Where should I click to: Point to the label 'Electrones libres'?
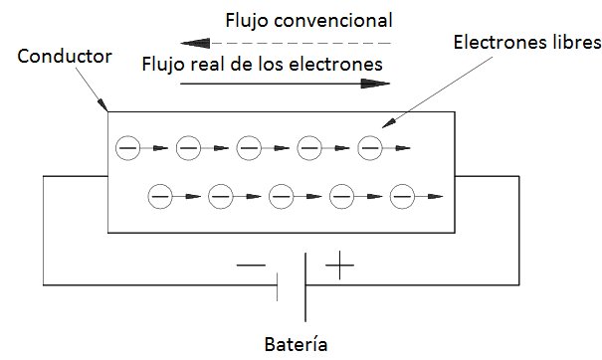point(526,44)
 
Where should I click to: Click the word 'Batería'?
point(297,345)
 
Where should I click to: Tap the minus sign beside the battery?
point(252,267)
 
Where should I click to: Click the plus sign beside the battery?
point(340,266)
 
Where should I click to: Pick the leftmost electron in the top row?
point(128,148)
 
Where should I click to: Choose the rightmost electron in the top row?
point(370,148)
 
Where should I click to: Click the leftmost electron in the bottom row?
point(159,196)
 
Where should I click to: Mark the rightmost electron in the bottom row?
point(402,196)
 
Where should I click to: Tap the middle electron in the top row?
point(249,148)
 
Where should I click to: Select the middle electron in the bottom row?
point(281,196)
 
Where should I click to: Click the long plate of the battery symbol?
point(304,283)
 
